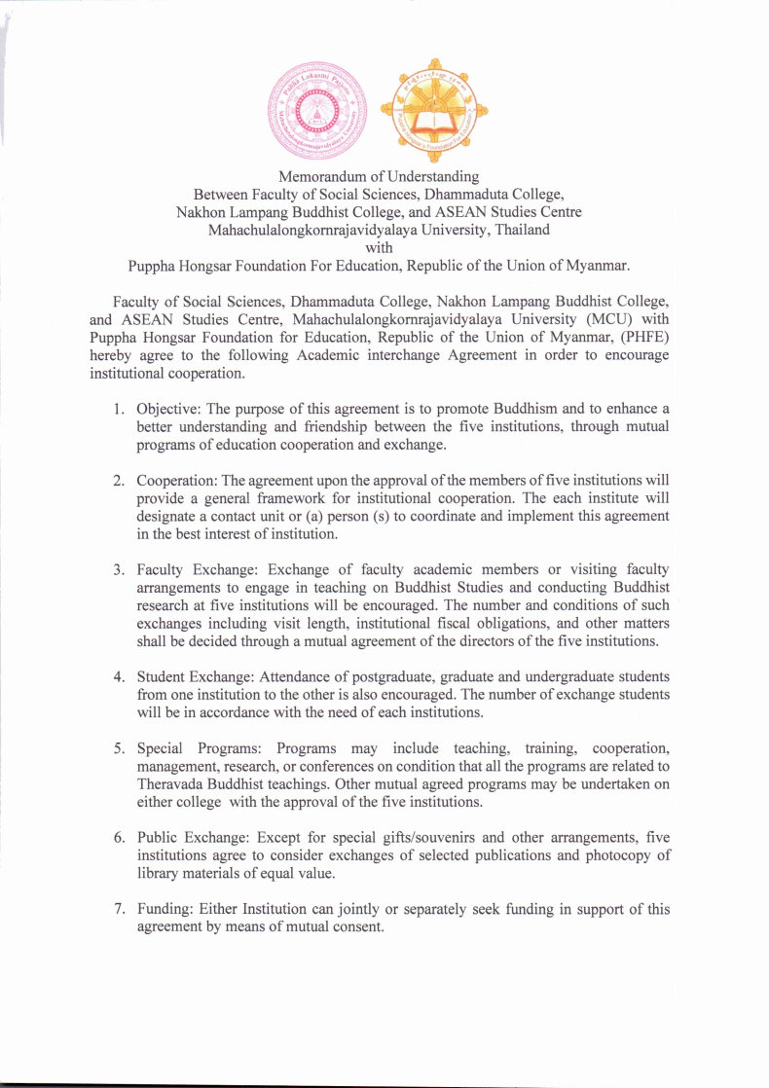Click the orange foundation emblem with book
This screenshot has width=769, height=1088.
coord(433,115)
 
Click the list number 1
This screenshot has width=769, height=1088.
coord(118,408)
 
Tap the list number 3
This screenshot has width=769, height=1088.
coord(118,569)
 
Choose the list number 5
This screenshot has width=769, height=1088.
coord(118,748)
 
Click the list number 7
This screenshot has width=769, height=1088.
coord(118,910)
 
